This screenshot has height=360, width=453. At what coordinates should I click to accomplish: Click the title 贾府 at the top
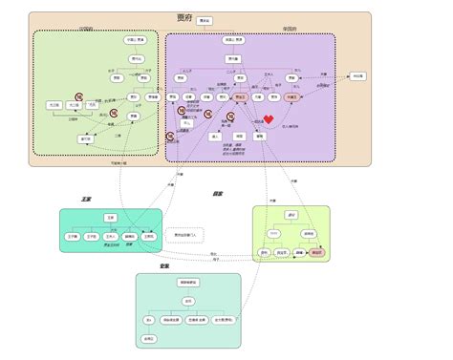pos(185,18)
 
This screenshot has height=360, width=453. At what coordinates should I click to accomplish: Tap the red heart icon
pos(270,118)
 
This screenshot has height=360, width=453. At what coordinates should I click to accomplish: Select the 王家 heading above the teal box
pos(87,200)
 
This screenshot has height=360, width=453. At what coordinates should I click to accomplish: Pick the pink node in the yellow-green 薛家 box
pos(316,252)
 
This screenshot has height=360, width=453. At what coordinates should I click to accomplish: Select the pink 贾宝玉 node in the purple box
pos(240,96)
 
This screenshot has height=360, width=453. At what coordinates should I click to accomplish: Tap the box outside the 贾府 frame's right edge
pos(357,75)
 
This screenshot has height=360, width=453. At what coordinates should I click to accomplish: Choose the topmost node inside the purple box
pos(233,40)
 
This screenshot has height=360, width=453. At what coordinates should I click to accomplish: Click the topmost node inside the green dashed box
pos(136,40)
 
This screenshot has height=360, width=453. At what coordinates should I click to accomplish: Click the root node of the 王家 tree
pos(111,218)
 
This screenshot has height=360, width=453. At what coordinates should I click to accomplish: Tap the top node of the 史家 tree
pos(188,283)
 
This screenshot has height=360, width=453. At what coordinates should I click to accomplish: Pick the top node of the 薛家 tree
pos(291,216)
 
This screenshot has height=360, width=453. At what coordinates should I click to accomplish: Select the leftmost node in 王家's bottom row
pos(72,235)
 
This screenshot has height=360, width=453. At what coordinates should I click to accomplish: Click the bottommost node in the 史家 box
pos(149,339)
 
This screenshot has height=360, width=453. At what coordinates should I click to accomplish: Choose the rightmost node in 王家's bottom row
pos(148,235)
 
